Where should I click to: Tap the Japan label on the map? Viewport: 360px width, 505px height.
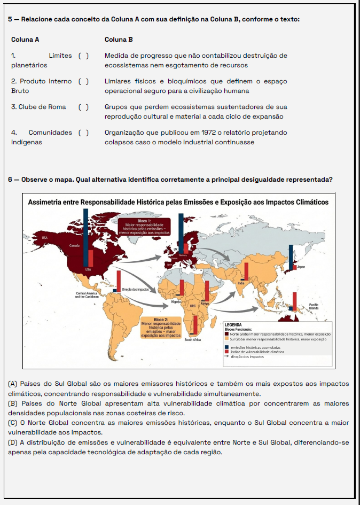click(x=301, y=267)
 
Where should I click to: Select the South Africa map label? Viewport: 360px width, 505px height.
click(x=192, y=339)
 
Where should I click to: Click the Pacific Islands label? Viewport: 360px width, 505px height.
click(x=314, y=306)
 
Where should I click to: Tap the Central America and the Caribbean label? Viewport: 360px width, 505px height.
click(x=87, y=295)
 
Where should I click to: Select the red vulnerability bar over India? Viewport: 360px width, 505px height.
click(x=246, y=271)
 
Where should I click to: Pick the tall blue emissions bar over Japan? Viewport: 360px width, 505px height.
click(x=290, y=257)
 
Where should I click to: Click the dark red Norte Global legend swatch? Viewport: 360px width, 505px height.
click(x=227, y=334)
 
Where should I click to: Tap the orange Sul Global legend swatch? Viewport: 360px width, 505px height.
click(x=227, y=339)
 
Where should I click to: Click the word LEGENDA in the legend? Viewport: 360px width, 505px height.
click(x=233, y=324)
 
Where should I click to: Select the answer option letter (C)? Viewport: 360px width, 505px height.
click(x=13, y=423)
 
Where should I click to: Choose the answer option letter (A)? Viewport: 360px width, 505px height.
click(x=13, y=384)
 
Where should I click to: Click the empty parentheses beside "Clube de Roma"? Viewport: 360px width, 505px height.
click(x=83, y=107)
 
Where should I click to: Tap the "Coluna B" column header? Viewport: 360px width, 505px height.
click(x=119, y=40)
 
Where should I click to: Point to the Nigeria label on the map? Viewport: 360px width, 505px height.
click(x=176, y=301)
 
